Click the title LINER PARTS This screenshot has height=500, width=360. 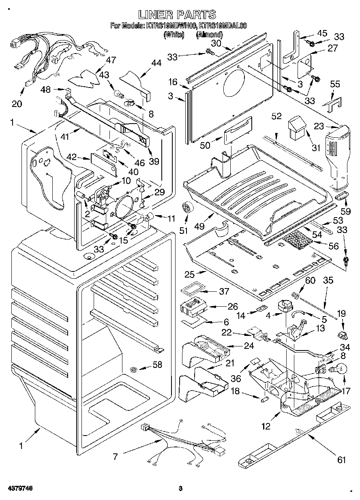point(177,15)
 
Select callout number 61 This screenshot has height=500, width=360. point(342,459)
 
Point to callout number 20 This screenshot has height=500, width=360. point(17,104)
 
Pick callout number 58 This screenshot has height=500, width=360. point(157,365)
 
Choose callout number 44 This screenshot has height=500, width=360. point(156,63)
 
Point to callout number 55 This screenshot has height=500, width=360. point(335,85)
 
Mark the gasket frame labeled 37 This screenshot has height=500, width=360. point(193,290)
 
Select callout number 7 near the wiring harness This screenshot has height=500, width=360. point(115,457)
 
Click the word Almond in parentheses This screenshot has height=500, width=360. point(209,35)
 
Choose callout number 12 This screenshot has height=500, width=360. point(266,425)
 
